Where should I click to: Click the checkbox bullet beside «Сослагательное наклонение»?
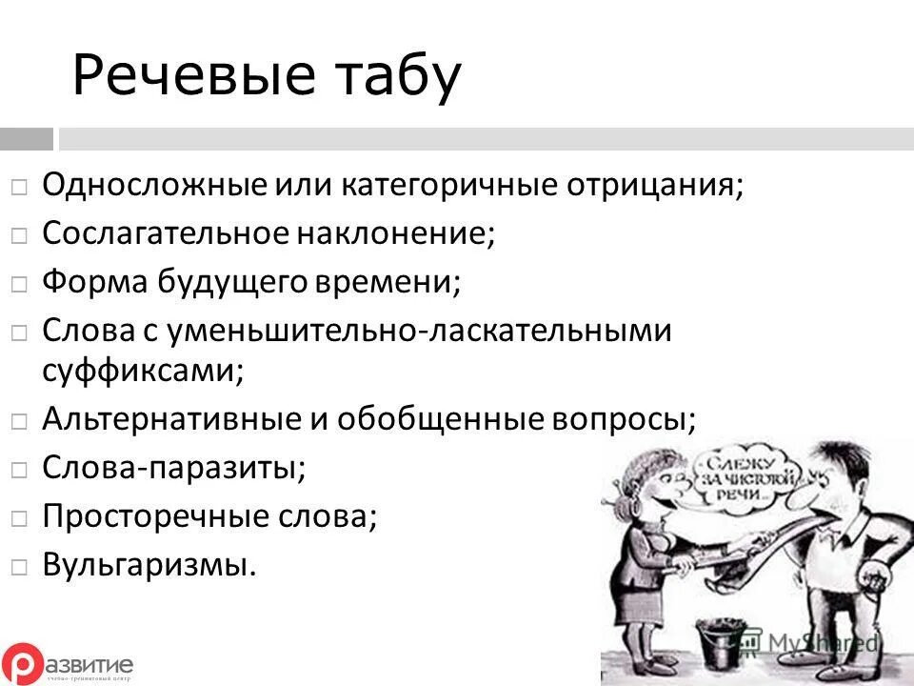click(20, 234)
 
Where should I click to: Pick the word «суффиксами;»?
click(143, 370)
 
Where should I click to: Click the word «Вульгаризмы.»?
click(149, 565)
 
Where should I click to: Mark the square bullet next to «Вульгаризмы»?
click(20, 566)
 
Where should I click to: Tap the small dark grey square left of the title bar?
click(26, 140)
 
